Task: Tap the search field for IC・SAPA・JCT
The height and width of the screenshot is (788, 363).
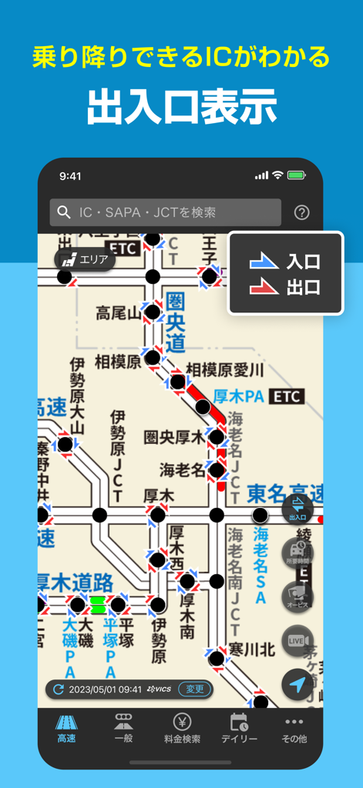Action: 165,212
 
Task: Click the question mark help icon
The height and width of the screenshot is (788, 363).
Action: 301,212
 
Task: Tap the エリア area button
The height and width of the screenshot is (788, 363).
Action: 85,259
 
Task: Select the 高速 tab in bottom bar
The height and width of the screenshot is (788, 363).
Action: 67,728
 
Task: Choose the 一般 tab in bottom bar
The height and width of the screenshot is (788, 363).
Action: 123,728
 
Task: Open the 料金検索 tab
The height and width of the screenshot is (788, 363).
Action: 182,728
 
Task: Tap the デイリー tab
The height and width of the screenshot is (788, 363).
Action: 239,728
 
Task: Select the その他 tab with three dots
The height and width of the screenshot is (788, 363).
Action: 294,728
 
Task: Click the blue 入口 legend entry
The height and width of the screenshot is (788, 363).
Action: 285,262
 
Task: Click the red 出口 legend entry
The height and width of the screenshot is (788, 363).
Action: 285,288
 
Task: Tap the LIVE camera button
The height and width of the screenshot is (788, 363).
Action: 297,641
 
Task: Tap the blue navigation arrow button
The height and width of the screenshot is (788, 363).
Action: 297,684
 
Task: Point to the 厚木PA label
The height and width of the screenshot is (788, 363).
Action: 240,396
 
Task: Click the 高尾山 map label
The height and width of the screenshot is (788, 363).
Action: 119,312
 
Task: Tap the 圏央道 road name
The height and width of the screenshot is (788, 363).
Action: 176,322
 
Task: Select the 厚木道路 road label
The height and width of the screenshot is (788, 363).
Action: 76,583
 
